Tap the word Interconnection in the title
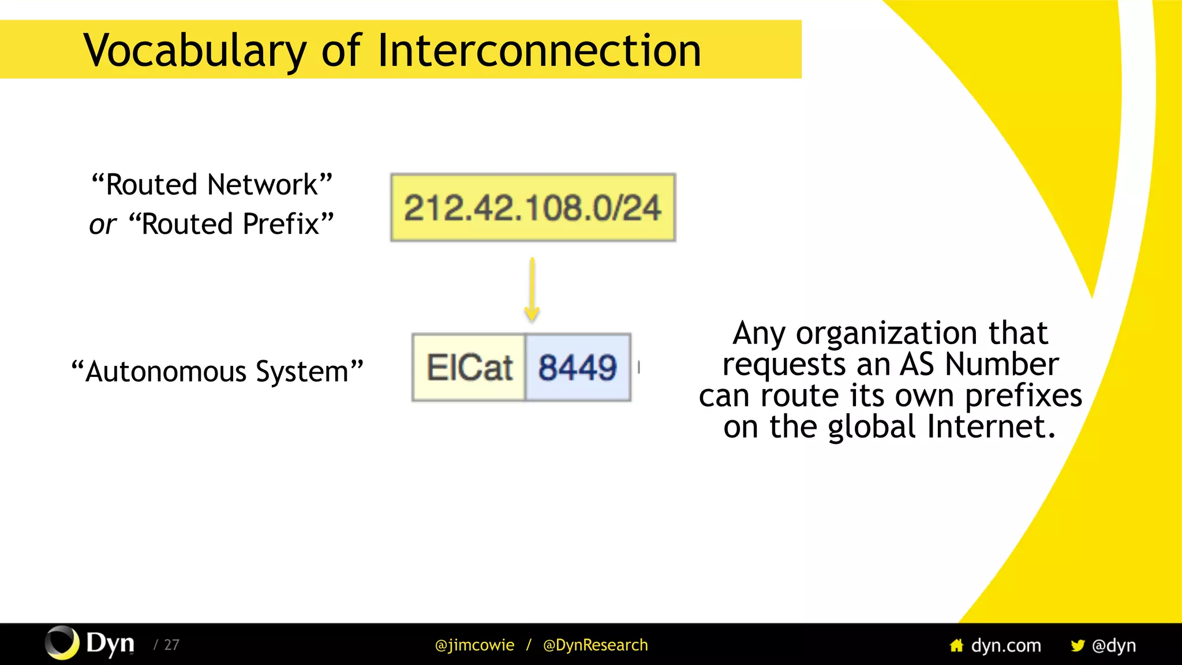tap(539, 51)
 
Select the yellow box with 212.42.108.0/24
tap(533, 208)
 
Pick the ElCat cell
tap(469, 368)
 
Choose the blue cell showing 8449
tap(578, 368)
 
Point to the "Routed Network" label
tap(212, 185)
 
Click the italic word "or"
tap(103, 225)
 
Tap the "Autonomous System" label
tap(217, 371)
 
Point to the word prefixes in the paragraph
tap(1023, 396)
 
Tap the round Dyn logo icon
tap(62, 642)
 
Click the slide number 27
tap(171, 645)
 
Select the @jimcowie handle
tap(474, 645)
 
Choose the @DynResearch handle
tap(595, 645)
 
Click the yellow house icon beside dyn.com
tap(956, 645)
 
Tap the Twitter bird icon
tap(1077, 645)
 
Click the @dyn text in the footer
tap(1114, 645)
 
